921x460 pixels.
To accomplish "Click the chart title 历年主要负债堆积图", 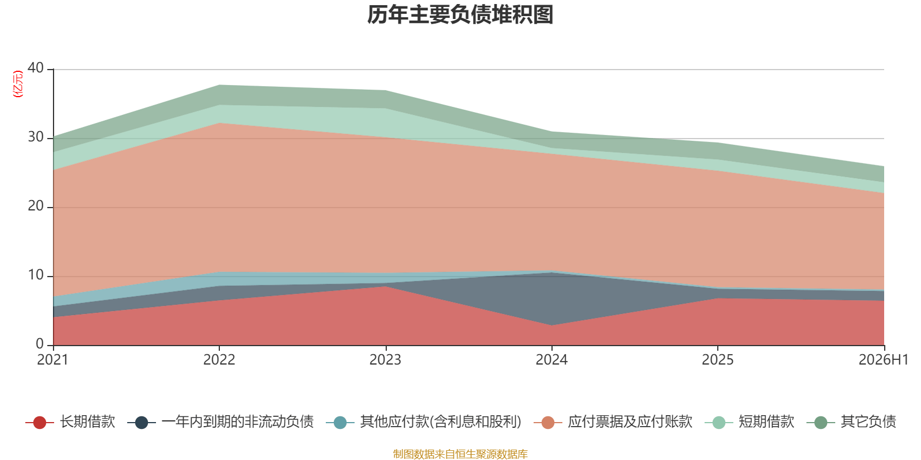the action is [x=460, y=15].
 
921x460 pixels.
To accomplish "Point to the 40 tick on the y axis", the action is [x=36, y=68].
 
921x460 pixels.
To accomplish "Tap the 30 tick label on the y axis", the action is [x=36, y=137].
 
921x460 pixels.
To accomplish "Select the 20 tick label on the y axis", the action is [x=36, y=206].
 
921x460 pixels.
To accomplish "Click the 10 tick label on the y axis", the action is [x=36, y=275].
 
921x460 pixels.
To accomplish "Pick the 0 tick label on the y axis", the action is [x=40, y=343].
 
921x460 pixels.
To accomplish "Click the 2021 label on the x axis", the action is [x=52, y=360].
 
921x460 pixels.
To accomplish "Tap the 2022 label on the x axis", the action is [x=219, y=360].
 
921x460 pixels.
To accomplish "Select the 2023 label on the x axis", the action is [x=385, y=360].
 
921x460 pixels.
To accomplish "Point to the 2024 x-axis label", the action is [x=551, y=360].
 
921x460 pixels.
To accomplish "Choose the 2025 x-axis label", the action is [x=717, y=360].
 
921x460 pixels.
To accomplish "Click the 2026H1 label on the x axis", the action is [x=883, y=360].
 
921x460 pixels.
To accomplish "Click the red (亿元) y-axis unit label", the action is [x=18, y=84].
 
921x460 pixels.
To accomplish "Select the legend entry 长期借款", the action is [x=70, y=422].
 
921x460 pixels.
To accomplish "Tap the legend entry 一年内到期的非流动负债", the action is [x=221, y=422].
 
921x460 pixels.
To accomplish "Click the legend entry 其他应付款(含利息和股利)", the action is [x=424, y=422].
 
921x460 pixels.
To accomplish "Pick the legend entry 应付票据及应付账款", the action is [x=613, y=422].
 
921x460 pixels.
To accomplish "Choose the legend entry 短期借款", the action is [x=749, y=422].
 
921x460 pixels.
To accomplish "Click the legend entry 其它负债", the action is [x=851, y=422].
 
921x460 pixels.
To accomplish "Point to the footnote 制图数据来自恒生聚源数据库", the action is [x=460, y=454].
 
